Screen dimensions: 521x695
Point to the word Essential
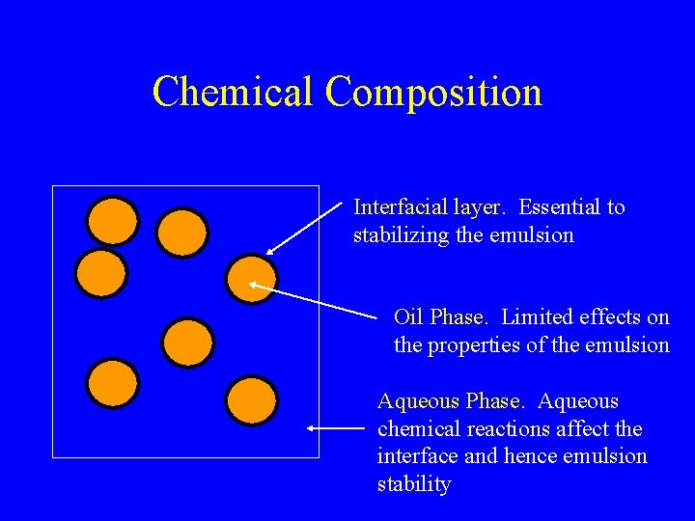559,206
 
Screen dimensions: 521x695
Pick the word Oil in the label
408,316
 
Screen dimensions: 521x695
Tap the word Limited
537,316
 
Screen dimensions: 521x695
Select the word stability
413,484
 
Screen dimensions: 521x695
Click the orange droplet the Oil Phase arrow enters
251,279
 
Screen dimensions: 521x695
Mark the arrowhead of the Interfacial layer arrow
271,251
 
